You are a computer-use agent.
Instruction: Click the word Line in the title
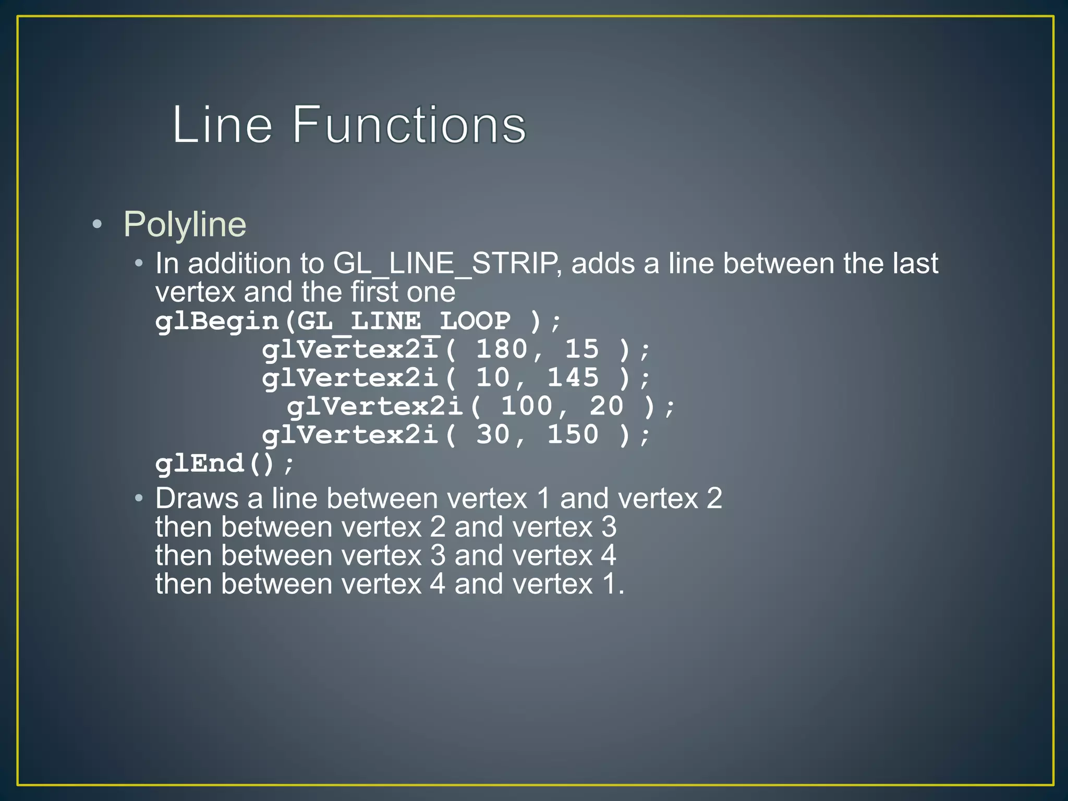[x=222, y=125]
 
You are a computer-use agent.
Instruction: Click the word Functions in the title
[x=409, y=125]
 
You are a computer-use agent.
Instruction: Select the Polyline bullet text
[x=185, y=225]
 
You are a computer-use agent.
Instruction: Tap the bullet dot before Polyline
[x=97, y=225]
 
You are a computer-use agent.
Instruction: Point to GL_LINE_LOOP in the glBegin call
[x=404, y=321]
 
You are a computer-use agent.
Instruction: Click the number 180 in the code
[x=502, y=349]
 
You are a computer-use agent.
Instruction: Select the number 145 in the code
[x=573, y=378]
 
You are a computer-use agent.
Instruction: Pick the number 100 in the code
[x=527, y=406]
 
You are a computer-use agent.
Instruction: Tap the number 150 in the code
[x=573, y=434]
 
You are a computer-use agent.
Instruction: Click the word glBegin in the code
[x=217, y=321]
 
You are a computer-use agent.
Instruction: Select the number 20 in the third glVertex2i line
[x=606, y=406]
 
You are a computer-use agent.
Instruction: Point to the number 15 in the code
[x=582, y=349]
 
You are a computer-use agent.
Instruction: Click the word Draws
[x=197, y=499]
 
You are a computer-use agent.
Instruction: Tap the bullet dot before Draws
[x=138, y=499]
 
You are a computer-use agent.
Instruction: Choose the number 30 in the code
[x=493, y=434]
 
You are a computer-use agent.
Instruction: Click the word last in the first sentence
[x=915, y=264]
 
